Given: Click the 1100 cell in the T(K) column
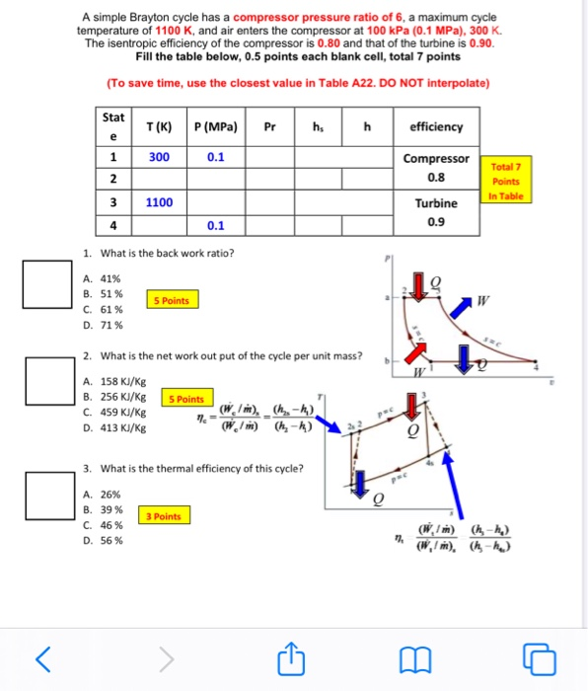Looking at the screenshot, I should point(159,202).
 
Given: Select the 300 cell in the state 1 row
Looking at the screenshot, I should point(159,157).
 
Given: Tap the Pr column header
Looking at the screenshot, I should point(269,126).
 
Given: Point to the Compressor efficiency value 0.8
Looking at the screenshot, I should point(436,179).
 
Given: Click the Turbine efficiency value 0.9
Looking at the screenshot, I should point(436,223).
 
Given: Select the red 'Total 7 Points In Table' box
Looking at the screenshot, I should point(505,182).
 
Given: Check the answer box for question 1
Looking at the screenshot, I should point(48,283).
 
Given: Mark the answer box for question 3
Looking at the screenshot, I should point(48,495).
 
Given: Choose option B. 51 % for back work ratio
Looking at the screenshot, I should point(104,294).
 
